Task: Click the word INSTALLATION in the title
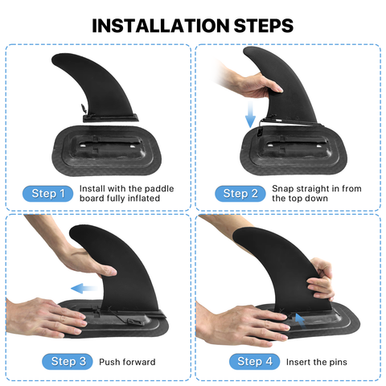point(161,26)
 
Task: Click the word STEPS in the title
point(264,26)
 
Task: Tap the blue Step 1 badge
point(47,194)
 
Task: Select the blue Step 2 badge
point(240,194)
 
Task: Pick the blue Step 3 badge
point(68,361)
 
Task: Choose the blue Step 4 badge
point(254,361)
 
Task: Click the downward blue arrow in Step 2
point(250,114)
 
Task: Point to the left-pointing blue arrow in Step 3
point(84,289)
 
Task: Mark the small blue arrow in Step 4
point(300,321)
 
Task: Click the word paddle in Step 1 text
point(159,189)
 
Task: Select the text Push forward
point(127,362)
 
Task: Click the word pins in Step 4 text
point(339,362)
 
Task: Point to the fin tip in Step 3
point(72,232)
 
